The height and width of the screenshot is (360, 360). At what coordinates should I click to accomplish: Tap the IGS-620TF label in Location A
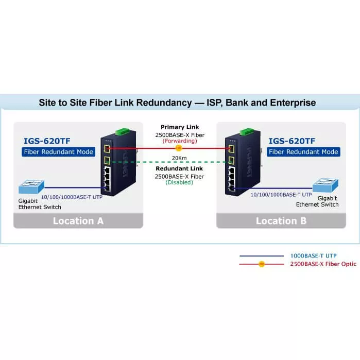[x=47, y=141]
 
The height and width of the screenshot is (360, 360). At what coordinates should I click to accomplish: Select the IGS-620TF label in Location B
[x=292, y=141]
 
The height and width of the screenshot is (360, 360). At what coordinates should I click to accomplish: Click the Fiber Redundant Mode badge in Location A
[x=59, y=152]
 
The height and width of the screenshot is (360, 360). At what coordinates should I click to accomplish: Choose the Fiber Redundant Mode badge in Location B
[x=304, y=152]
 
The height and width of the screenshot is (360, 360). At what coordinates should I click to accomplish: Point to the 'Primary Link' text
[x=180, y=127]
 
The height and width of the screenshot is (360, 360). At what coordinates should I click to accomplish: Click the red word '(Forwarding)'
[x=180, y=141]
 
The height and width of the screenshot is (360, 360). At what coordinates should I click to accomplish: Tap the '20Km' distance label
[x=180, y=158]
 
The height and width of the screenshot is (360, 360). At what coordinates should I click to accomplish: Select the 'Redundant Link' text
[x=180, y=169]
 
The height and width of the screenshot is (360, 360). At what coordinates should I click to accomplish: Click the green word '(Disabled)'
[x=180, y=182]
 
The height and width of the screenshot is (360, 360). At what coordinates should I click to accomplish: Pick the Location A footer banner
[x=78, y=220]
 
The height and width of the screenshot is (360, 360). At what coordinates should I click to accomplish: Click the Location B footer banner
[x=281, y=220]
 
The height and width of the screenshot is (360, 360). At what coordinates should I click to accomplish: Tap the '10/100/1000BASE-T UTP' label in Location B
[x=281, y=195]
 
